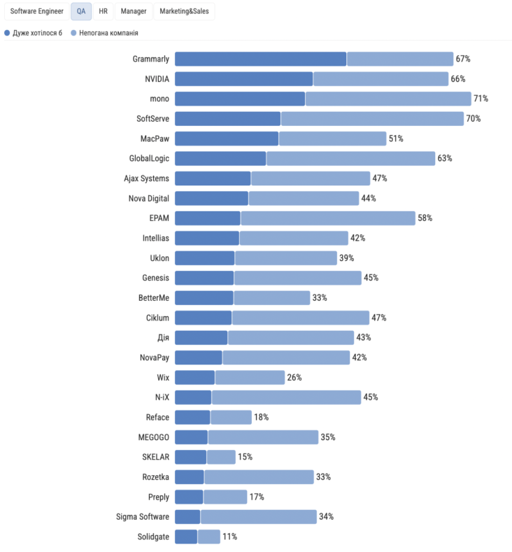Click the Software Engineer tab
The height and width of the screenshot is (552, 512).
click(x=36, y=12)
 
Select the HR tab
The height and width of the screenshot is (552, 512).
click(x=103, y=12)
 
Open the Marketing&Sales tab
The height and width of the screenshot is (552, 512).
click(x=184, y=12)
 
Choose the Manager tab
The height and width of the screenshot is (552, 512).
click(x=133, y=12)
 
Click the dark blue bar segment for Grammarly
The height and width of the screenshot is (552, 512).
click(x=260, y=59)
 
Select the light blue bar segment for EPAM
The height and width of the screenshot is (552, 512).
click(x=327, y=218)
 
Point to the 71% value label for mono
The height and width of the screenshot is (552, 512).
click(x=481, y=99)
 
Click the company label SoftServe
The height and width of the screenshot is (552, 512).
click(x=152, y=119)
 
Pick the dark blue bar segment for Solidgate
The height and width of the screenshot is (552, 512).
click(x=186, y=537)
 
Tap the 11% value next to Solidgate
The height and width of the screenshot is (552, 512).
click(x=229, y=537)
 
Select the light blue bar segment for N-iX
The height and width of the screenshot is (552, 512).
click(x=286, y=397)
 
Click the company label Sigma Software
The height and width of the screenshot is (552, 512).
click(x=143, y=517)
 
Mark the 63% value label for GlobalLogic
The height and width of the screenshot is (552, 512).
click(x=445, y=159)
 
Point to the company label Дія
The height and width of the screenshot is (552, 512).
click(x=162, y=338)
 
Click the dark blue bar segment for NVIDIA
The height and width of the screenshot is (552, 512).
click(x=243, y=79)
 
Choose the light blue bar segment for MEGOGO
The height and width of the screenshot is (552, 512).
click(x=263, y=437)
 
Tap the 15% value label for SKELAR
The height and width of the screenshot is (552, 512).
click(x=245, y=457)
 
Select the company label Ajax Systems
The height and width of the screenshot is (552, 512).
click(x=146, y=178)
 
